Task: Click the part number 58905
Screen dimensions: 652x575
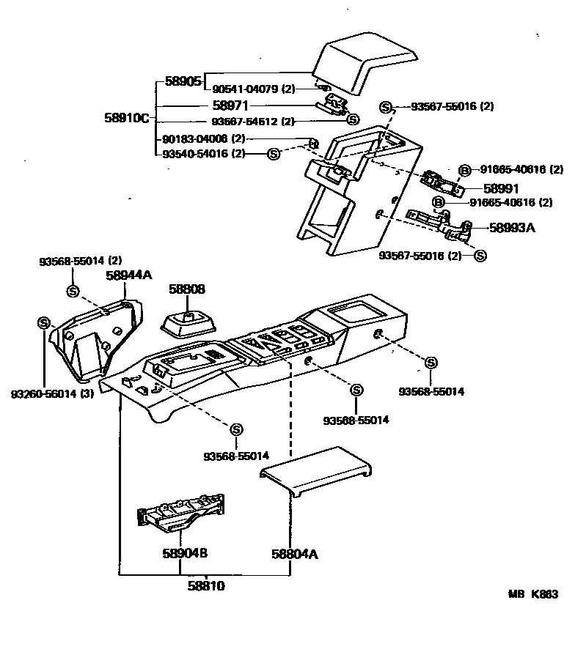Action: click(x=183, y=81)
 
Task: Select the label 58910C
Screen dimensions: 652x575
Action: click(x=129, y=117)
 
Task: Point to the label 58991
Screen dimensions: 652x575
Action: click(x=501, y=188)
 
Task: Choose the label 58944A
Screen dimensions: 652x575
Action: click(x=128, y=275)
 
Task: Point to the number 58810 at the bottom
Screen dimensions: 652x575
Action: click(x=206, y=586)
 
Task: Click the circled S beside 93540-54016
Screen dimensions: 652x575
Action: click(x=274, y=153)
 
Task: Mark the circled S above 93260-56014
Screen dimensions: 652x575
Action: click(x=43, y=323)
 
